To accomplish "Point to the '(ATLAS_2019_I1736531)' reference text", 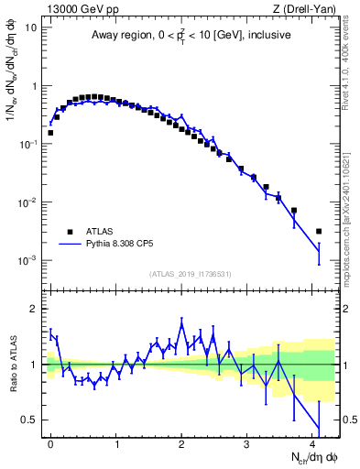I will [191, 274].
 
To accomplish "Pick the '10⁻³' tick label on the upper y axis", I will [27, 260].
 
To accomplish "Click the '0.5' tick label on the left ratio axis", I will [31, 420].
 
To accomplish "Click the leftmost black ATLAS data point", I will [50, 133].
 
